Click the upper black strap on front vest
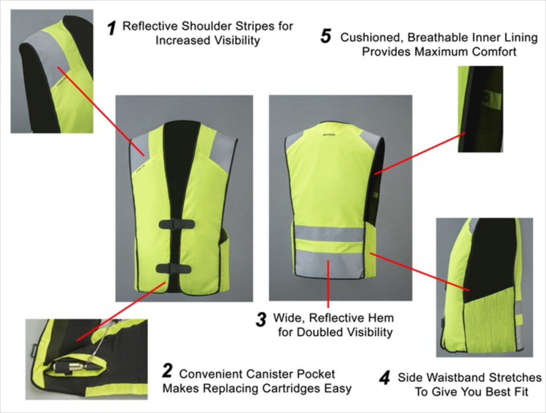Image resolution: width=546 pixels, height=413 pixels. (177, 224)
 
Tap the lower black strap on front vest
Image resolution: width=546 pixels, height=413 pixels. (173, 268)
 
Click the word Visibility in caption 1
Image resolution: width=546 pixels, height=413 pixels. (237, 41)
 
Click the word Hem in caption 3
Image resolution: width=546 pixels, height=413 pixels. (383, 318)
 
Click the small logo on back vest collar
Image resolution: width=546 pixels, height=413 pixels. (329, 134)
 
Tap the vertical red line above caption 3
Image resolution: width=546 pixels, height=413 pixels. (328, 284)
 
